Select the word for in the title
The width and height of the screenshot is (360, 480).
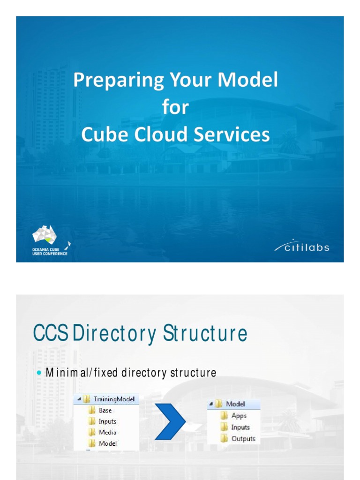[x=175, y=108]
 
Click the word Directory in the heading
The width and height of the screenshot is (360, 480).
[x=115, y=334]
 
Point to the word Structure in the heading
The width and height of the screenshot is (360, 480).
[x=205, y=334]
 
